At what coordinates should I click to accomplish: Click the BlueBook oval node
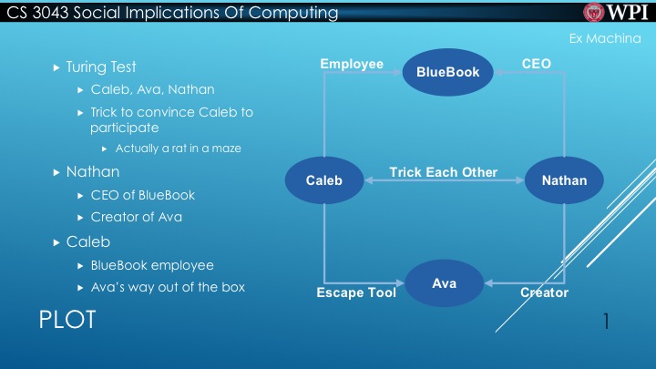point(447,71)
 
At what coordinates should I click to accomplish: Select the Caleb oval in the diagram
point(324,179)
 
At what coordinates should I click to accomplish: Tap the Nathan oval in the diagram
point(564,179)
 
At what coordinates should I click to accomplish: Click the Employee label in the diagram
point(352,64)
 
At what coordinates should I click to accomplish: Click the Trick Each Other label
point(443,172)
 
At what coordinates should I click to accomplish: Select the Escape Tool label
point(355,292)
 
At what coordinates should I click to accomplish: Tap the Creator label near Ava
point(544,292)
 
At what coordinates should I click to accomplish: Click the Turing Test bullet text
point(101,67)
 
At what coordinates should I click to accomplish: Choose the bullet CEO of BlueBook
point(142,195)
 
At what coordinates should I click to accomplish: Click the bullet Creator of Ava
point(136,217)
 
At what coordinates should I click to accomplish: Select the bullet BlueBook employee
point(152,265)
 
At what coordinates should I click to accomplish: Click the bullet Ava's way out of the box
point(168,288)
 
